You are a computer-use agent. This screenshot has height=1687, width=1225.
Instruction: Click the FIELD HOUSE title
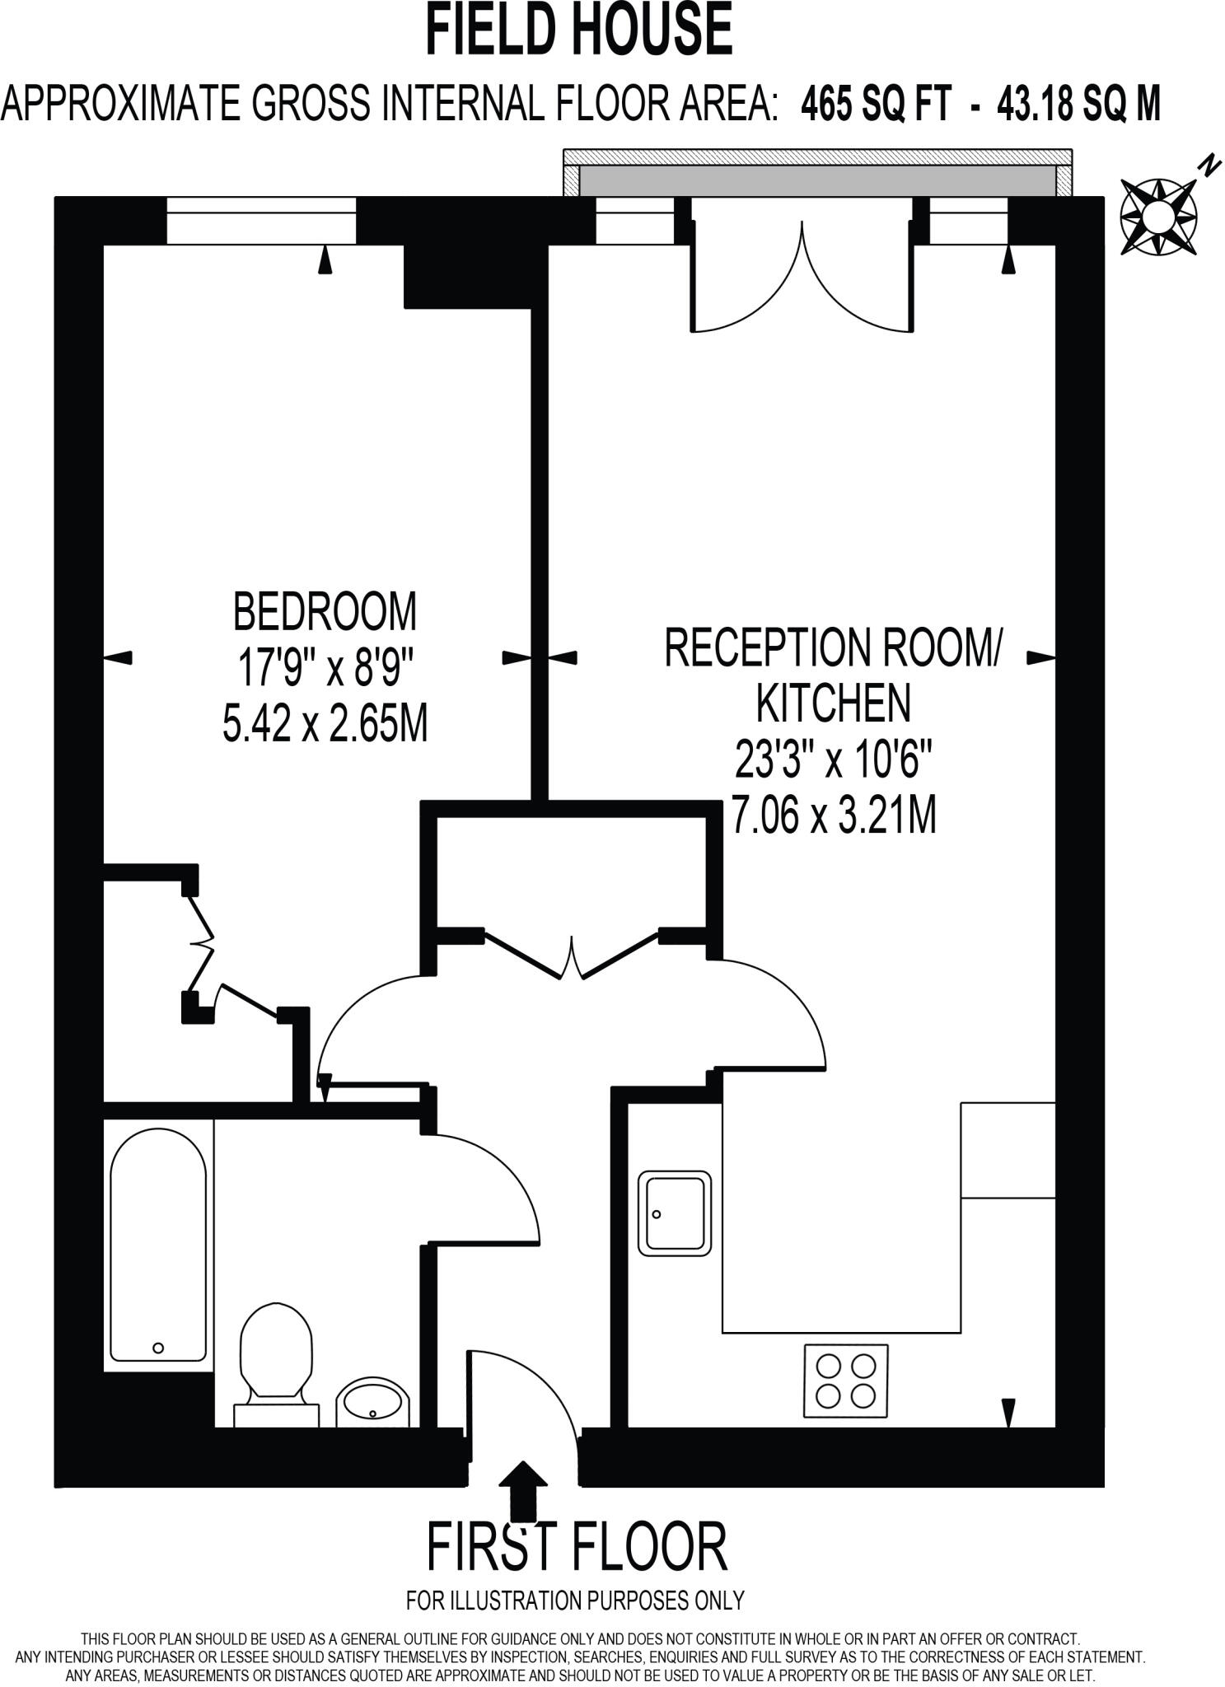pos(578,30)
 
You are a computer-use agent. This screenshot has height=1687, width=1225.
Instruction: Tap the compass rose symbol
pos(1158,217)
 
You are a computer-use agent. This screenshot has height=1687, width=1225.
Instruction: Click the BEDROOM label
pos(325,611)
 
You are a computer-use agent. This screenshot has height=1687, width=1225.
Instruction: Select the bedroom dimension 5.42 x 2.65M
pos(325,725)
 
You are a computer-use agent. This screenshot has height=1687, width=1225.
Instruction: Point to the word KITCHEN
pos(833,703)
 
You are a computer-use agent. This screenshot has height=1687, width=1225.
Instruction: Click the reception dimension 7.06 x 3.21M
pos(833,816)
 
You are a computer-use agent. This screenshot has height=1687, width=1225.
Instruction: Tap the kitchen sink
pos(674,1213)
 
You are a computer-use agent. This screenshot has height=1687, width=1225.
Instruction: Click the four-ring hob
pos(845,1381)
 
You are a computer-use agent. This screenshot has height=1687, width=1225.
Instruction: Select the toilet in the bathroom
pos(276,1359)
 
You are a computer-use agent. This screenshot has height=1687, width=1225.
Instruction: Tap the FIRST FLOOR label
pos(577,1546)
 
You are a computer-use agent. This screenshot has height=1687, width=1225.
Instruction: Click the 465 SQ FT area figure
pos(877,105)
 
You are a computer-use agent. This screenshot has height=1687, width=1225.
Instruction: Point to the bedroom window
pos(261,221)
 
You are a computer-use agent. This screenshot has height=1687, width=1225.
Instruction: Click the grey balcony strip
pos(817,180)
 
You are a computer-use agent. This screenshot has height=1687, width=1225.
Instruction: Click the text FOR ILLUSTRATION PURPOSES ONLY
pos(575,1601)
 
